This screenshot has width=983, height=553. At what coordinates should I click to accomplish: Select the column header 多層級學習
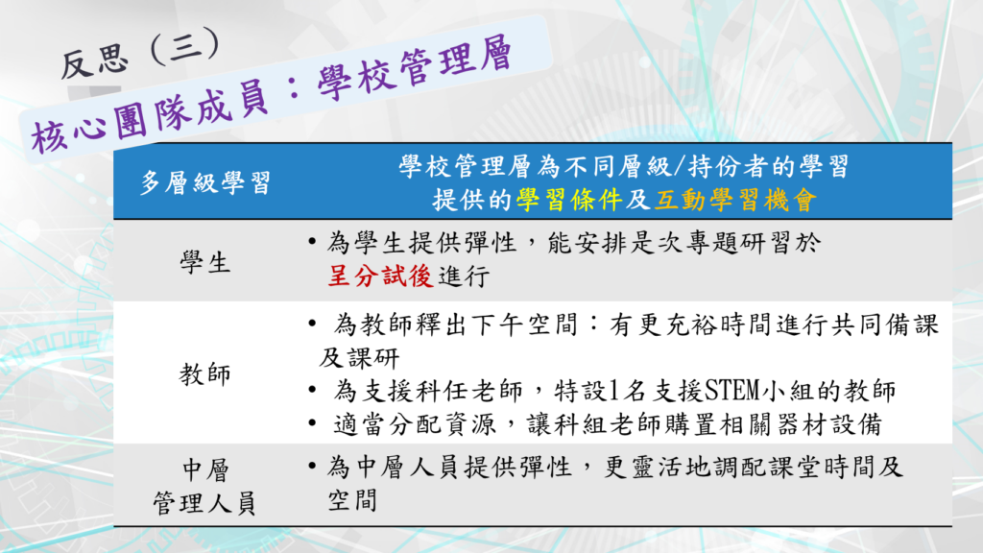(x=205, y=183)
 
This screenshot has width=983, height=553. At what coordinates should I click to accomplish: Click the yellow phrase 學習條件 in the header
(x=569, y=200)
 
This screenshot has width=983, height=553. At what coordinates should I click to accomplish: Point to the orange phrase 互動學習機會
(x=736, y=200)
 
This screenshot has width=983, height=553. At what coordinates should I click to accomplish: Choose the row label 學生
(x=205, y=262)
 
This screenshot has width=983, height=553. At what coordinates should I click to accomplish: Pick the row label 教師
(x=205, y=374)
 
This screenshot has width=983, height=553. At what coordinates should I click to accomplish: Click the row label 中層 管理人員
(x=205, y=487)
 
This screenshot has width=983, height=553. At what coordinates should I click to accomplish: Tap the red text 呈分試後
(x=380, y=276)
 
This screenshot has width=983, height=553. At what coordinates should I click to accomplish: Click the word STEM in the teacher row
(x=732, y=391)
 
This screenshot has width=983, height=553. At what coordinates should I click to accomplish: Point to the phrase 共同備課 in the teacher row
(x=886, y=325)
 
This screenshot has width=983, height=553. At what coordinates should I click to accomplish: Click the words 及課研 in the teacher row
(x=359, y=358)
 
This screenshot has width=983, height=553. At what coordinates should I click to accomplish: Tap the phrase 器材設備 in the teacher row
(x=830, y=424)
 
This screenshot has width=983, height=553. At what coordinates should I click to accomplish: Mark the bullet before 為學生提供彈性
(x=312, y=241)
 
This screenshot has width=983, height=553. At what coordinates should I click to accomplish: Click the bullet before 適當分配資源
(x=312, y=423)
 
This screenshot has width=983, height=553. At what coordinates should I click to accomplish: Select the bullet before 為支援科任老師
(x=312, y=390)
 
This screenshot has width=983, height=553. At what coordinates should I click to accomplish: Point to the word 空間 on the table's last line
(x=353, y=500)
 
